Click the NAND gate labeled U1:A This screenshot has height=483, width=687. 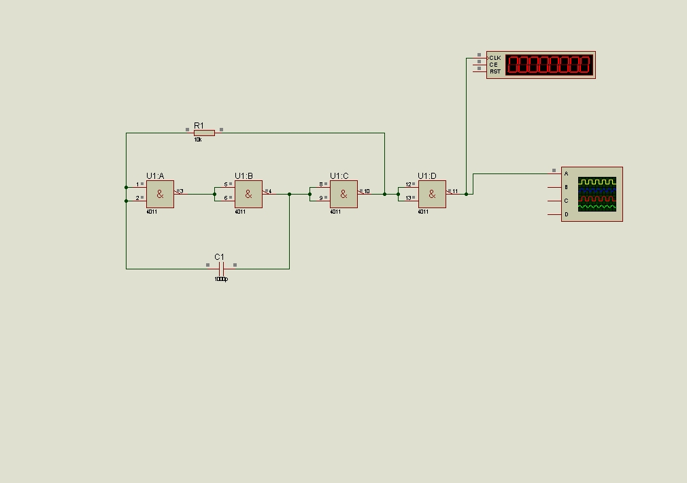[160, 194]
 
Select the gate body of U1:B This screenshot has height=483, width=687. [248, 194]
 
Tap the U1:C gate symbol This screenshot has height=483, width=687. [343, 194]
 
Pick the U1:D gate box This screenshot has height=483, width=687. [432, 194]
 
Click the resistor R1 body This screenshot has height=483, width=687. [204, 133]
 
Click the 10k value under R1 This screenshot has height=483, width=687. [198, 139]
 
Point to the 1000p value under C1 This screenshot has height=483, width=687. [221, 279]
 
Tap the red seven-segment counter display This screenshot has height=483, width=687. [549, 65]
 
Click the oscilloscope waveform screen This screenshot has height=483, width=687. [597, 194]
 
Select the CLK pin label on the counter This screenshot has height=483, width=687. [495, 58]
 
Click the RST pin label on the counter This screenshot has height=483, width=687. [495, 71]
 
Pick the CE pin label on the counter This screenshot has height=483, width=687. [493, 65]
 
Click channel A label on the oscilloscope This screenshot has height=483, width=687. [566, 173]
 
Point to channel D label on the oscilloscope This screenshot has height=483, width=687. [566, 214]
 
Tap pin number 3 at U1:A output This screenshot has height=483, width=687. [182, 191]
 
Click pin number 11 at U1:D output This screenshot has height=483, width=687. [454, 191]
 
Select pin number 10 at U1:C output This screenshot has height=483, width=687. [367, 191]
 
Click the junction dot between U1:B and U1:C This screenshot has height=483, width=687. [289, 194]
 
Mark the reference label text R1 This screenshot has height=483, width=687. [199, 125]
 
